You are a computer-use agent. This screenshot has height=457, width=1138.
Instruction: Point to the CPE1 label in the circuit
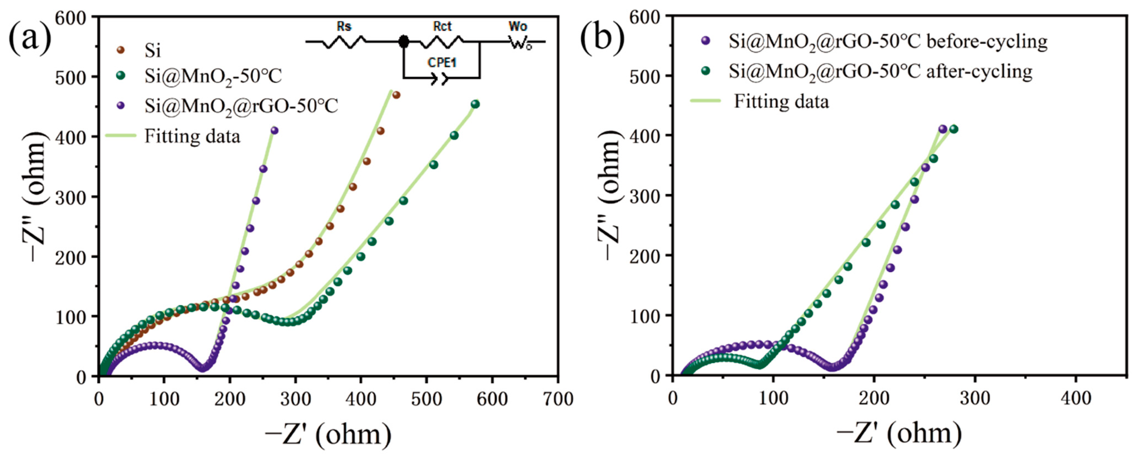click(x=442, y=63)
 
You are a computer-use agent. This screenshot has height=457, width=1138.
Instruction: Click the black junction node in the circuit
click(x=403, y=42)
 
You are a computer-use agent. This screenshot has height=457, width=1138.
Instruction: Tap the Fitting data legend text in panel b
click(x=781, y=102)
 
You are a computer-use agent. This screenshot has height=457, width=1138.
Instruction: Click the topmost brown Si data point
click(x=396, y=95)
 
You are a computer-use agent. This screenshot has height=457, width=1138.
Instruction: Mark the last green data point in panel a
click(x=475, y=104)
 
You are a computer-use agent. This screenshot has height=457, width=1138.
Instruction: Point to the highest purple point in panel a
click(x=274, y=130)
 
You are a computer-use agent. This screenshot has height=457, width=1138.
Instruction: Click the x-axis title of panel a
click(x=328, y=435)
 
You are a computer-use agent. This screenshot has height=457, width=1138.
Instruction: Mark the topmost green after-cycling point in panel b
click(x=954, y=129)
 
